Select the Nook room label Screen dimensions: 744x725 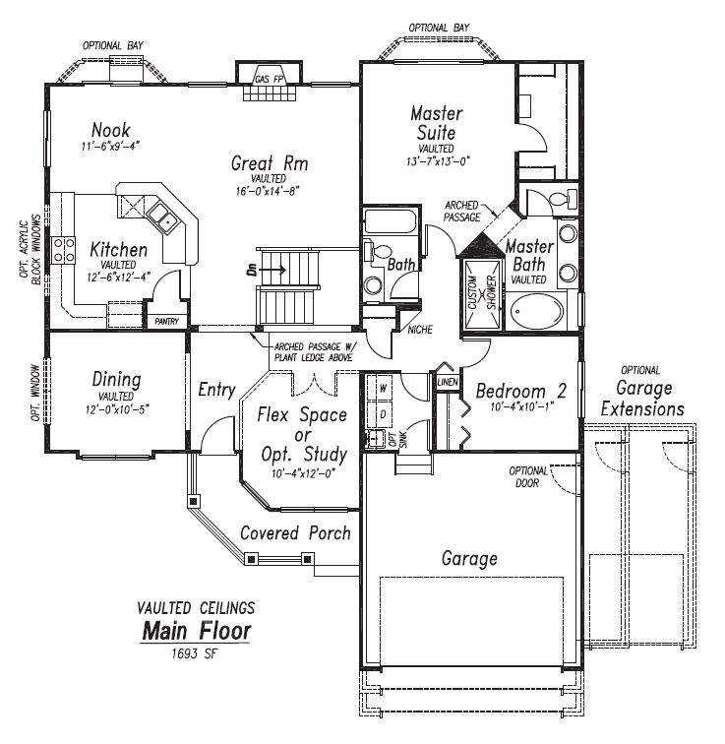(110, 131)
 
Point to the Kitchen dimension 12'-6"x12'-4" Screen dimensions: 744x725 (118, 276)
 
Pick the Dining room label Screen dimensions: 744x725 (116, 380)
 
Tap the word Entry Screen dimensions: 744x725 (215, 391)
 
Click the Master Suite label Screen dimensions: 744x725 (437, 123)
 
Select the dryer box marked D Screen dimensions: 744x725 (384, 414)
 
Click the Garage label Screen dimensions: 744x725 (468, 559)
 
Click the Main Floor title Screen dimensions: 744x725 (196, 630)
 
